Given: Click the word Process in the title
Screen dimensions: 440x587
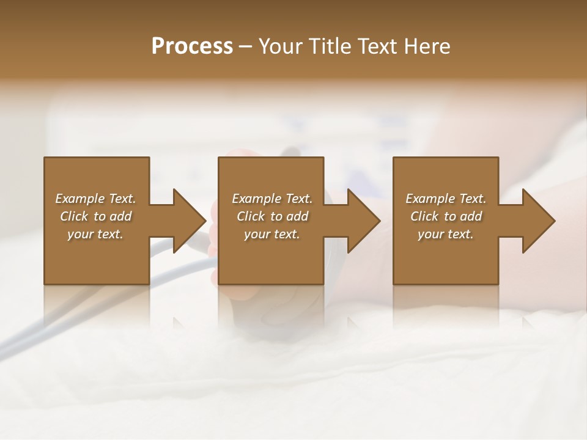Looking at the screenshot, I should pos(192,46).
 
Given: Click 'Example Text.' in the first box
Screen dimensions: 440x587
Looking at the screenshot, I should pos(95,199).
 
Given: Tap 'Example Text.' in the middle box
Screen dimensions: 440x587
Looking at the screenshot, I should pos(271,199).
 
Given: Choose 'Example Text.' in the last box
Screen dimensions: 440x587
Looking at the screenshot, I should pos(446,199).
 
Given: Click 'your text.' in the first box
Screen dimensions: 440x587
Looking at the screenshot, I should pos(95,234).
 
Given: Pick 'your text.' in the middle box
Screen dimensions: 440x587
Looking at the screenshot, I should pos(271,234).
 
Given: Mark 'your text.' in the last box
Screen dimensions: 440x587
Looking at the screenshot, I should pos(446,234).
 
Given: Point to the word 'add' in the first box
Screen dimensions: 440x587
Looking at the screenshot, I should pos(121,216).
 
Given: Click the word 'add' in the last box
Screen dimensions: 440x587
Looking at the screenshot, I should pos(471,216).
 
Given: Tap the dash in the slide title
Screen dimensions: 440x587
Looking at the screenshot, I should pos(246,46).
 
